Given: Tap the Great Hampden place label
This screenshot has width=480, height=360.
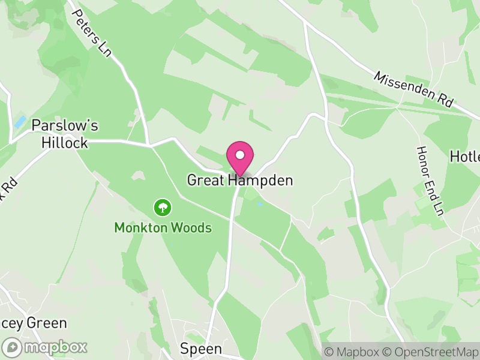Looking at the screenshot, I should (240, 180).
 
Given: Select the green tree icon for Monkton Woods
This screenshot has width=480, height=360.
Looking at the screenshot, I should (163, 208).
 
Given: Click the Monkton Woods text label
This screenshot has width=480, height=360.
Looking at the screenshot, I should (163, 228).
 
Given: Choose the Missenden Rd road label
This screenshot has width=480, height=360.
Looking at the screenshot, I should (413, 89).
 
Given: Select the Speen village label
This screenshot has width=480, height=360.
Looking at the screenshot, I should (201, 349).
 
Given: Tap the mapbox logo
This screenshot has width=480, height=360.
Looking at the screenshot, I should (45, 347).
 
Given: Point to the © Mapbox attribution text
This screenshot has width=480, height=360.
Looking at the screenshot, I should (351, 350).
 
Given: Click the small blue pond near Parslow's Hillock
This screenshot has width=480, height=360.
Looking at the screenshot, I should (20, 122).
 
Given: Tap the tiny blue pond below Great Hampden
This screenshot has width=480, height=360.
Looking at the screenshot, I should (259, 205).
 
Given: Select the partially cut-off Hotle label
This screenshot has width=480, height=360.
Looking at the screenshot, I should (466, 157).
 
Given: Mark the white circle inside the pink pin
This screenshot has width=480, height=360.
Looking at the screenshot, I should (240, 155).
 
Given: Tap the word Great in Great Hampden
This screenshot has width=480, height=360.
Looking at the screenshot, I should (205, 180).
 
